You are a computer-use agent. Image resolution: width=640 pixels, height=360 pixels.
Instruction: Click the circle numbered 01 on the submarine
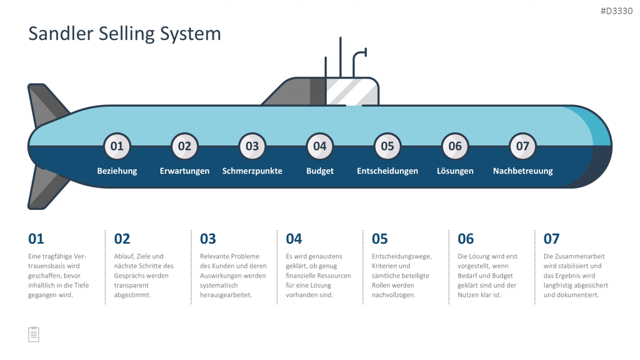pyautogui.click(x=117, y=146)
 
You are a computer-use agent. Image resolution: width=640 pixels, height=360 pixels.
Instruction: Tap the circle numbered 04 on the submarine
pyautogui.click(x=320, y=146)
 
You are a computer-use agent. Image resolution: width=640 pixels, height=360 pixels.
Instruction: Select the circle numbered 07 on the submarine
pyautogui.click(x=523, y=146)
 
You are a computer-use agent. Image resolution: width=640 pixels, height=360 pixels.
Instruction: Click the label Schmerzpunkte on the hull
pyautogui.click(x=252, y=171)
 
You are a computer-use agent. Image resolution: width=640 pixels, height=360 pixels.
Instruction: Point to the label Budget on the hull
pyautogui.click(x=320, y=171)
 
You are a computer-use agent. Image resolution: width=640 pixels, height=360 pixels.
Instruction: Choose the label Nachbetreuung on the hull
pyautogui.click(x=523, y=171)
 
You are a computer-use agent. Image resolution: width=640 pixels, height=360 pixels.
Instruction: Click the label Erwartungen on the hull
pyautogui.click(x=184, y=171)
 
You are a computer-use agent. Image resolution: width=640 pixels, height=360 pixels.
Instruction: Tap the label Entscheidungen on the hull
pyautogui.click(x=387, y=171)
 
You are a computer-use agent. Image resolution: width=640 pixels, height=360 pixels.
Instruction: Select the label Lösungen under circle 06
pyautogui.click(x=455, y=171)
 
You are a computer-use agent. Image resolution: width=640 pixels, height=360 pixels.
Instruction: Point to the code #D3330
pyautogui.click(x=616, y=11)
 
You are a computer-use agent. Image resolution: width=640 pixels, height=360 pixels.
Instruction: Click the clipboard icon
pyautogui.click(x=34, y=334)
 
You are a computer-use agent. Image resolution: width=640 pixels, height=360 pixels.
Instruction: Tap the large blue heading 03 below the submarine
pyautogui.click(x=207, y=239)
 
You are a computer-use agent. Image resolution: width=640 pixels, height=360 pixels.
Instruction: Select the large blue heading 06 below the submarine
pyautogui.click(x=466, y=239)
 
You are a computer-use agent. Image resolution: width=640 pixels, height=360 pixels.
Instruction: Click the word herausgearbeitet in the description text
pyautogui.click(x=225, y=295)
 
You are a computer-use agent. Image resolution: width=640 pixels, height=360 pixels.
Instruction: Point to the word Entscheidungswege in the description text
pyautogui.click(x=401, y=256)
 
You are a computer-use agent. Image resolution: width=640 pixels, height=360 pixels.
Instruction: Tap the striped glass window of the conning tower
pyautogui.click(x=352, y=92)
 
